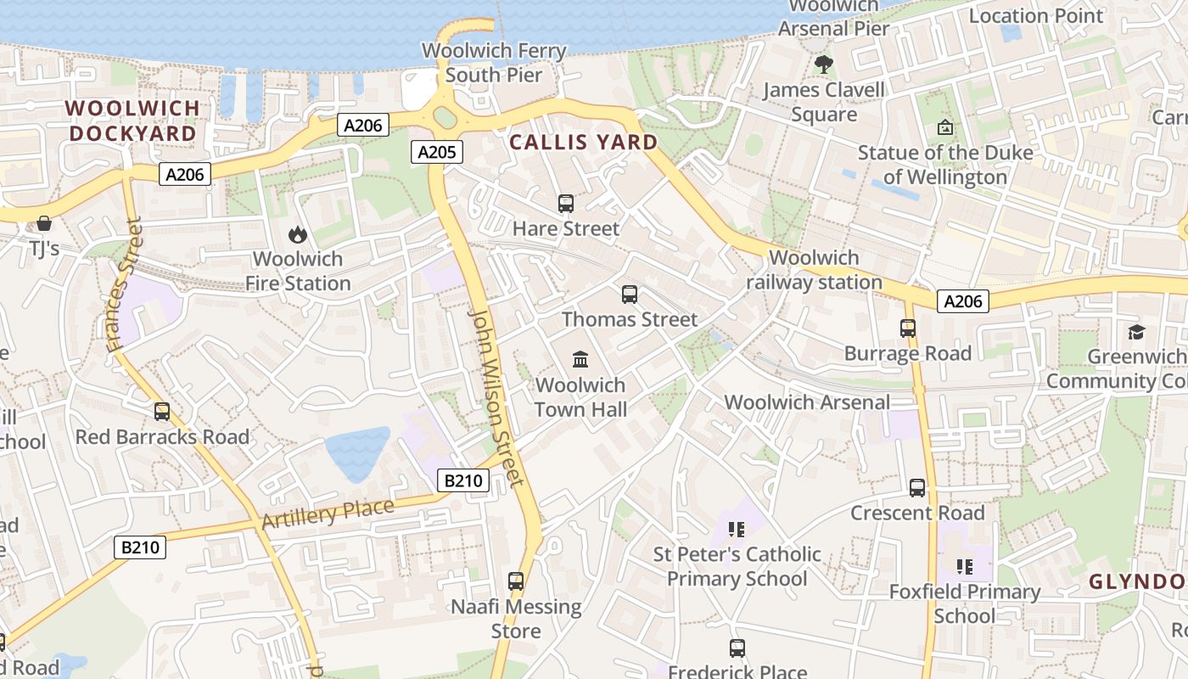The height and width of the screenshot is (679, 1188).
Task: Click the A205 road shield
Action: [x=438, y=153]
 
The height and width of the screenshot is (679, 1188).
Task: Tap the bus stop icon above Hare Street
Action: [x=566, y=204]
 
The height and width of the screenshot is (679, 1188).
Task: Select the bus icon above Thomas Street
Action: [x=630, y=295]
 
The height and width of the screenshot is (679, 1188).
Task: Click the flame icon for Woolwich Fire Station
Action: [x=297, y=234]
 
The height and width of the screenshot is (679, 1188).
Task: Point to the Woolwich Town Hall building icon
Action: [x=580, y=360]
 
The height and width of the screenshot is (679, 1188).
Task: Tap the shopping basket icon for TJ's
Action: [x=44, y=223]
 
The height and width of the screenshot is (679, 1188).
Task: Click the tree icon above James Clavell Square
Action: [x=823, y=64]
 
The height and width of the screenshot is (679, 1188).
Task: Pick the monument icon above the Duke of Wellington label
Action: [x=944, y=128]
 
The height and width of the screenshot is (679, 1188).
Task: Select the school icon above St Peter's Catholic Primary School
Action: [x=736, y=530]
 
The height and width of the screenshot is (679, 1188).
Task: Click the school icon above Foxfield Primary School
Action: [x=964, y=566]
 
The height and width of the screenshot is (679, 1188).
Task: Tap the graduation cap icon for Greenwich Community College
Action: [x=1136, y=332]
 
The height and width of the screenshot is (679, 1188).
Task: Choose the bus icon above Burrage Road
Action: [x=908, y=328]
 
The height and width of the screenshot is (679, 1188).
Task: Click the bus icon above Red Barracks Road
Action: [x=162, y=412]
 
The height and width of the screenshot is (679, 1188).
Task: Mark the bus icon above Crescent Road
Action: [x=917, y=488]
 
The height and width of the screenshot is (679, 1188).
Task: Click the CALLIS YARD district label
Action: [x=584, y=142]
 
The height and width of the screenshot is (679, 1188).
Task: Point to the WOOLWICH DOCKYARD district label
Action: [x=132, y=121]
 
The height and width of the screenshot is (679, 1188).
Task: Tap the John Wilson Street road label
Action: [x=495, y=397]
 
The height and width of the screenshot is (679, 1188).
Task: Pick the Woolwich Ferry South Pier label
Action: [x=494, y=63]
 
